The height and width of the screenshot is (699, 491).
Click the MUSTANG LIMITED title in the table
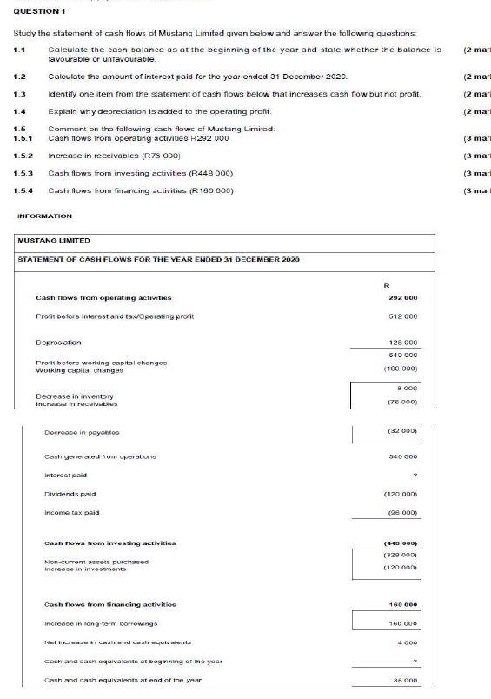(x=54, y=240)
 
